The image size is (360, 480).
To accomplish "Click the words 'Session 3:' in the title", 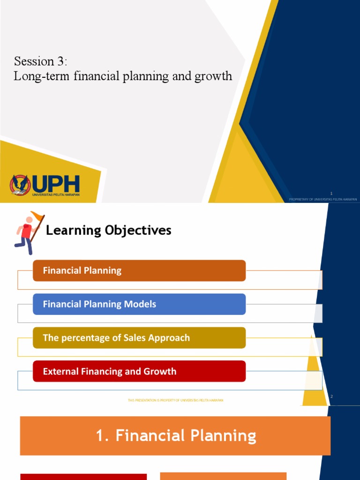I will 41,61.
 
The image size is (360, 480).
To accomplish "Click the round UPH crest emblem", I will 20,185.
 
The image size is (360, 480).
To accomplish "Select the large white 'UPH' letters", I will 56,184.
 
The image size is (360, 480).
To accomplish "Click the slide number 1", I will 331,193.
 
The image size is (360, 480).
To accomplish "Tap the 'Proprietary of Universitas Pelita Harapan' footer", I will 323,199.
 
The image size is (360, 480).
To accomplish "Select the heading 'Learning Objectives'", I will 108,230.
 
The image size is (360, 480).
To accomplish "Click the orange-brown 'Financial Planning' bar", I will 139,270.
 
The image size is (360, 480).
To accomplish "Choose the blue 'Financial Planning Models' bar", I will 139,304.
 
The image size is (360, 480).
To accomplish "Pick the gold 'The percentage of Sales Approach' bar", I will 139,338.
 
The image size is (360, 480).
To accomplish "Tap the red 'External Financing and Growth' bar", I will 139,372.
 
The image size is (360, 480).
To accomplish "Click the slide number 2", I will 331,397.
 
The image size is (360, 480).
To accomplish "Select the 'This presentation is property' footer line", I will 175,400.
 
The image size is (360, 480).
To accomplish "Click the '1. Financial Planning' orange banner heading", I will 175,436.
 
